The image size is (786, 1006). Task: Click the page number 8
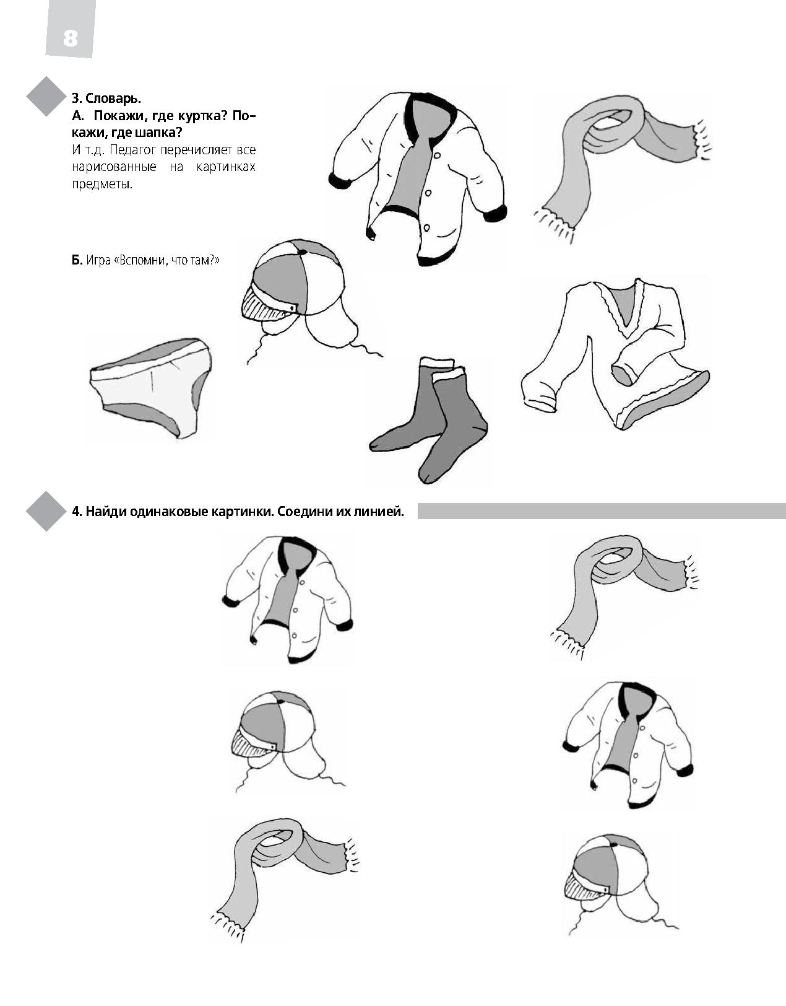pyautogui.click(x=71, y=38)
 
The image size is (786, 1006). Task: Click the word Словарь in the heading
pyautogui.click(x=113, y=98)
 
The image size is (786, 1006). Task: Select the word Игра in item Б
pyautogui.click(x=98, y=261)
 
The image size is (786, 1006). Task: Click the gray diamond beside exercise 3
pyautogui.click(x=46, y=96)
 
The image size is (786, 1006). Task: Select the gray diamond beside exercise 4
pyautogui.click(x=46, y=511)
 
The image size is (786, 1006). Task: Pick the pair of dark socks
pyautogui.click(x=428, y=419)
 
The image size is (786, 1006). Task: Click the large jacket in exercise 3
pyautogui.click(x=418, y=178)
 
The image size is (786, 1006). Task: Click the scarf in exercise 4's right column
pyautogui.click(x=625, y=597)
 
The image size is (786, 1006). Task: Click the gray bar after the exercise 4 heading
pyautogui.click(x=602, y=511)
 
